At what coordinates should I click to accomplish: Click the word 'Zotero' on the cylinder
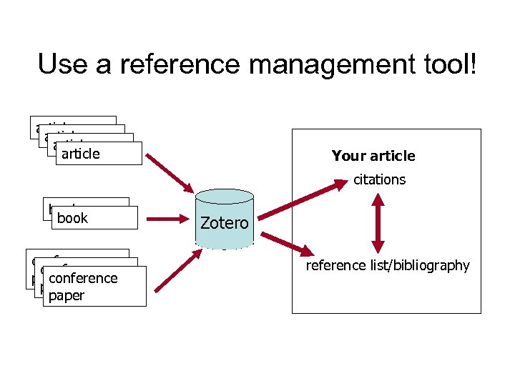pyautogui.click(x=224, y=223)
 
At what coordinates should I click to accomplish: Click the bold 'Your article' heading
pyautogui.click(x=373, y=156)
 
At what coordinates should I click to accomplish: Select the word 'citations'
pyautogui.click(x=379, y=179)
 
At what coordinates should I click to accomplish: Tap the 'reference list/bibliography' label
pyautogui.click(x=388, y=266)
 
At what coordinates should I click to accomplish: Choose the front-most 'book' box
pyautogui.click(x=93, y=218)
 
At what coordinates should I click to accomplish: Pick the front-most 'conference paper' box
pyautogui.click(x=94, y=287)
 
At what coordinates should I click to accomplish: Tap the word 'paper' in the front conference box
pyautogui.click(x=67, y=296)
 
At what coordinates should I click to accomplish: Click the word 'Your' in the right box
pyautogui.click(x=347, y=156)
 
